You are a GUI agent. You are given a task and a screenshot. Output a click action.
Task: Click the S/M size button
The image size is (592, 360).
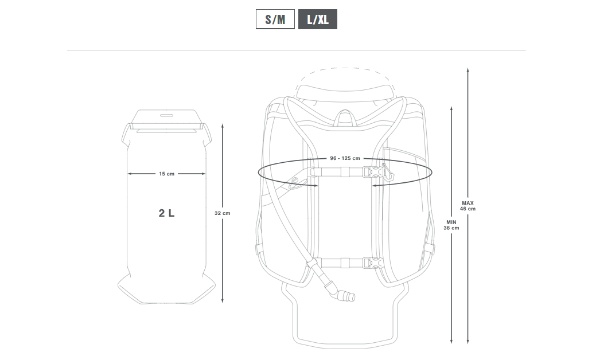[275, 19]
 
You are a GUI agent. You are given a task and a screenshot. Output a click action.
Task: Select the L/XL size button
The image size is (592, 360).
[318, 19]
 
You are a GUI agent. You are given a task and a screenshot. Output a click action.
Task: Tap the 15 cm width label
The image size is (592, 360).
[166, 174]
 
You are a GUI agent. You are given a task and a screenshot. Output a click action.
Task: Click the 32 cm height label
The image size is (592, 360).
[223, 213]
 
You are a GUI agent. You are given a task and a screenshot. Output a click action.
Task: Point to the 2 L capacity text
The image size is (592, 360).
[166, 213]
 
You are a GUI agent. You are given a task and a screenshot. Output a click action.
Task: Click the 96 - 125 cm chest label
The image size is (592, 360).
[345, 158]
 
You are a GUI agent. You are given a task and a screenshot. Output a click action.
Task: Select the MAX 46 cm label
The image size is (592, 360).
[468, 206]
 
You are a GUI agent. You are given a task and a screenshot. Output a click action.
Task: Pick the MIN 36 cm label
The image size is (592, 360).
[451, 225]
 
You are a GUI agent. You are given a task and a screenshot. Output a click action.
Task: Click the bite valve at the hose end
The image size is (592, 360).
[346, 295]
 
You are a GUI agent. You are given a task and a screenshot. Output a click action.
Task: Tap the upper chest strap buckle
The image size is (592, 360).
[372, 172]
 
